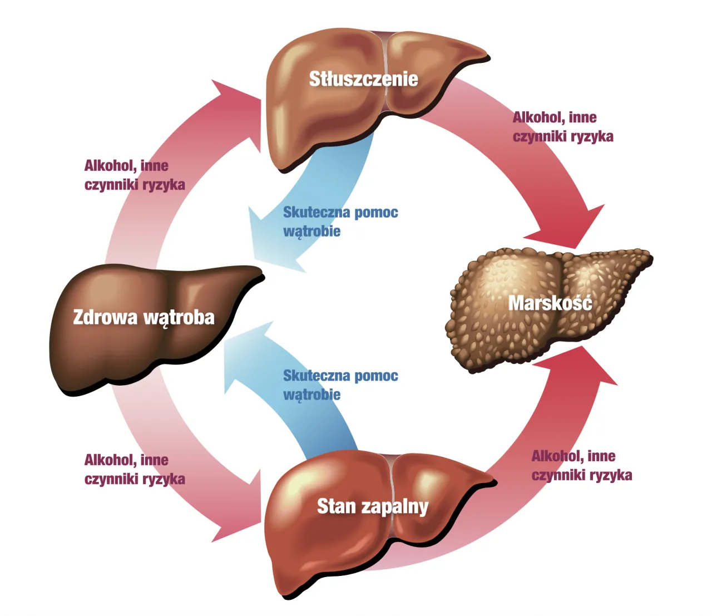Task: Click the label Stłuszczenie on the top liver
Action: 363,79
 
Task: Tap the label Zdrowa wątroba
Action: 144,317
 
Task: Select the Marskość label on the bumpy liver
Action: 550,303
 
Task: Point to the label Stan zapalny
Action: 372,506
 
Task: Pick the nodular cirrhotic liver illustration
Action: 501,334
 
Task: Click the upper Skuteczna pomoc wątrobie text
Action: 340,221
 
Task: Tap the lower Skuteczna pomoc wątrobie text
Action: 340,385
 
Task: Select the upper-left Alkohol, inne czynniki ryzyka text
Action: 134,175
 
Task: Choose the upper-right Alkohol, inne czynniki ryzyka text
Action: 562,127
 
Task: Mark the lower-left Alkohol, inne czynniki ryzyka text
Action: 134,469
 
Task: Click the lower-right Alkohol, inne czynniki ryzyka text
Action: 581,465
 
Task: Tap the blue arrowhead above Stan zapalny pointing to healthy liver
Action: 245,356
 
